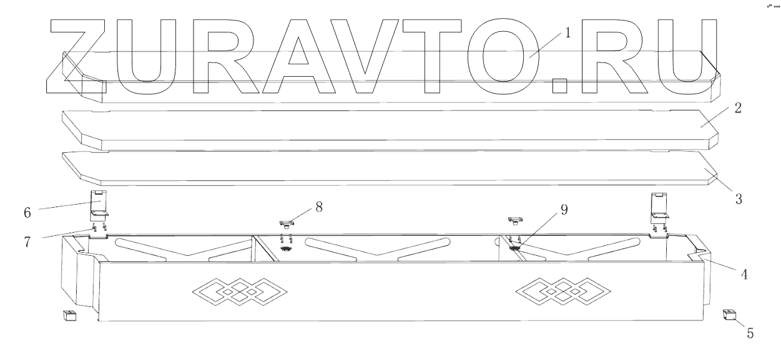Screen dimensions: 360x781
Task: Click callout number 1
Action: pyautogui.click(x=567, y=33)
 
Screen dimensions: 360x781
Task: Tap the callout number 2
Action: pyautogui.click(x=738, y=108)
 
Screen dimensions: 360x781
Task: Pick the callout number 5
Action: pyautogui.click(x=750, y=333)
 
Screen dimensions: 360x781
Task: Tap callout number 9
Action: pyautogui.click(x=564, y=210)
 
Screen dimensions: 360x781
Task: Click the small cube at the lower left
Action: pyautogui.click(x=69, y=316)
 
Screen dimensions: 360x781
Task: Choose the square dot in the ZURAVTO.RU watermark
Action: pyautogui.click(x=561, y=87)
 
